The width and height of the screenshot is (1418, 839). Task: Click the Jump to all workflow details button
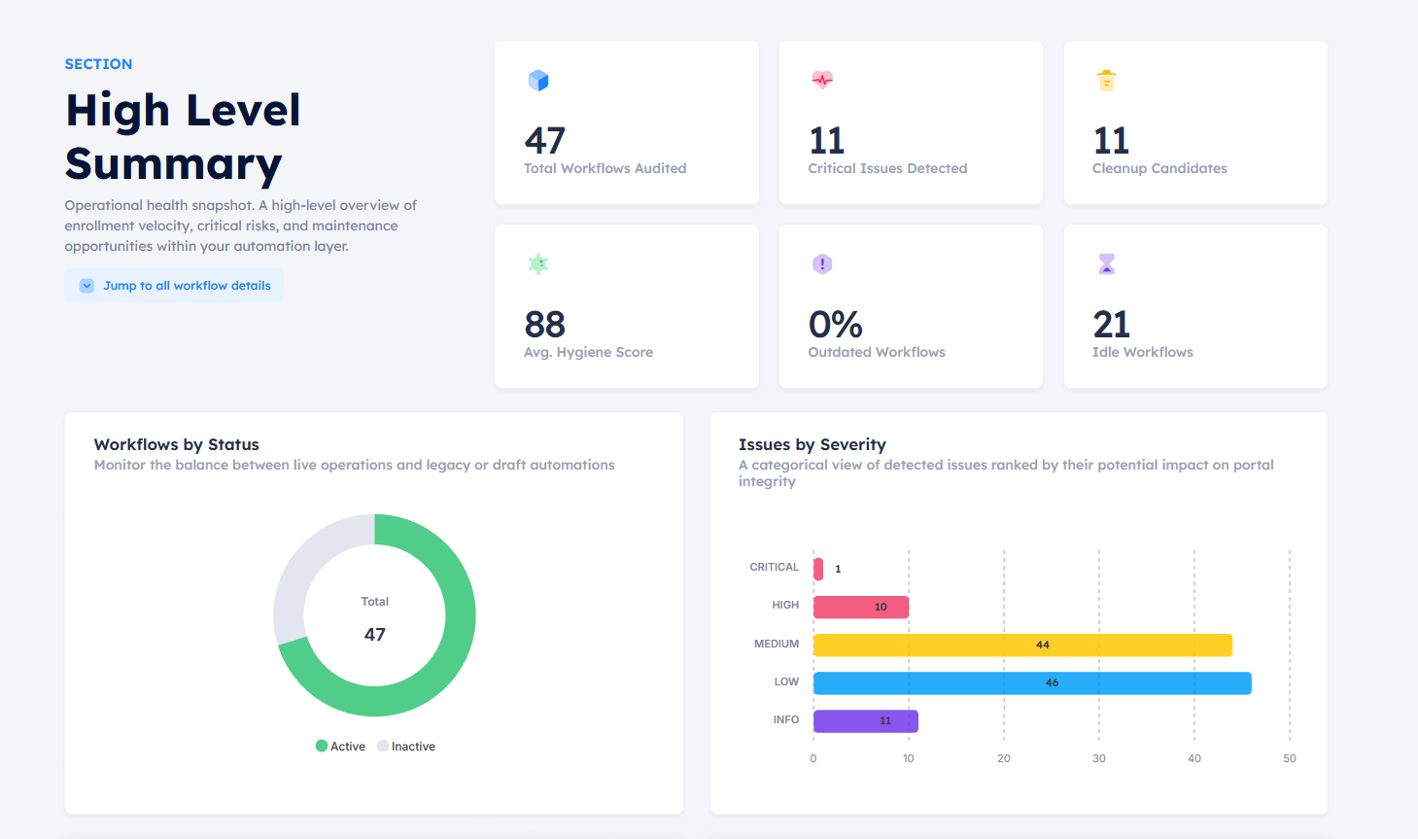(175, 286)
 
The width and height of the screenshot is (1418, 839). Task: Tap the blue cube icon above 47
(538, 81)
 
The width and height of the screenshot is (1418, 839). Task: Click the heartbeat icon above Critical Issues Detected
(822, 80)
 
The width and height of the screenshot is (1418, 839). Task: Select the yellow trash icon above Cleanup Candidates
(1106, 81)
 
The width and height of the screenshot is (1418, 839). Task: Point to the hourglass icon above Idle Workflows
(1106, 263)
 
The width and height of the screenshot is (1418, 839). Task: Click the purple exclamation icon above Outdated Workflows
(822, 263)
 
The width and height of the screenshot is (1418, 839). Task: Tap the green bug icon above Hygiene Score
(538, 263)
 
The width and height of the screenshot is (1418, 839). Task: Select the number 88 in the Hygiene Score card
(544, 324)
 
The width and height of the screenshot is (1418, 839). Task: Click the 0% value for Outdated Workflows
(835, 324)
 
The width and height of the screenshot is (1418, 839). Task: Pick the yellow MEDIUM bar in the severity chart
(1022, 645)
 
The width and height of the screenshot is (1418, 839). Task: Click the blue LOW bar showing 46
(1032, 682)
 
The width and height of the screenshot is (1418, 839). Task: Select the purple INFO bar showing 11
(865, 720)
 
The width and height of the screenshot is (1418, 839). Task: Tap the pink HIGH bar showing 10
(860, 607)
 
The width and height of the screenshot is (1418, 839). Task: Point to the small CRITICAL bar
(818, 569)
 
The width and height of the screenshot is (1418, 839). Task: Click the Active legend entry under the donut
(340, 747)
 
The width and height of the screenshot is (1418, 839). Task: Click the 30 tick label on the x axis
(1098, 758)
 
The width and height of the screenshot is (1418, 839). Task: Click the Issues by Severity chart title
(812, 444)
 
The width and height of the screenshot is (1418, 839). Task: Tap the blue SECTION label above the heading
(98, 64)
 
